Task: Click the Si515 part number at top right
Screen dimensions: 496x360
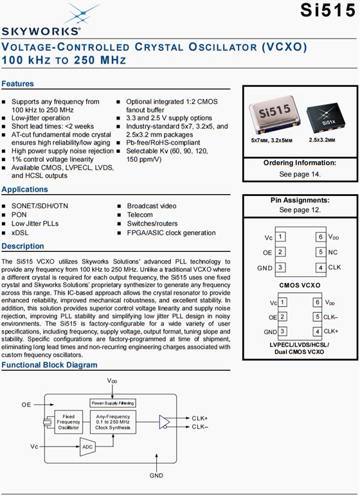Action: coord(328,11)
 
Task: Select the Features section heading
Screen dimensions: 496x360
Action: coord(17,84)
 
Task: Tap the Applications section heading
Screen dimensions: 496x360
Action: coord(24,190)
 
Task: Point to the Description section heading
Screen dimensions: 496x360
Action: coord(22,247)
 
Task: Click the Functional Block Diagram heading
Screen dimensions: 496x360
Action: coord(50,365)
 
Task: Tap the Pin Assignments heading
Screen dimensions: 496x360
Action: coord(300,200)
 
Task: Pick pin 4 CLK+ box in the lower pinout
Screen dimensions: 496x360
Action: coord(317,331)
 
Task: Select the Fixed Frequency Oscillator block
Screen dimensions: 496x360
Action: coord(69,422)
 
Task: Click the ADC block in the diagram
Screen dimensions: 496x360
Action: coord(87,446)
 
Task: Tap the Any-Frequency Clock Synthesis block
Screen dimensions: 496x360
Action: coord(113,421)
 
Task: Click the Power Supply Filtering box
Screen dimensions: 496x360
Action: coord(113,403)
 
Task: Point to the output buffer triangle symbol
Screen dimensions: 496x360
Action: coord(164,421)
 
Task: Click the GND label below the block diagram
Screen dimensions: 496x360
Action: coord(156,476)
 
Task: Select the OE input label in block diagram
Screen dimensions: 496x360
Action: coord(26,405)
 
